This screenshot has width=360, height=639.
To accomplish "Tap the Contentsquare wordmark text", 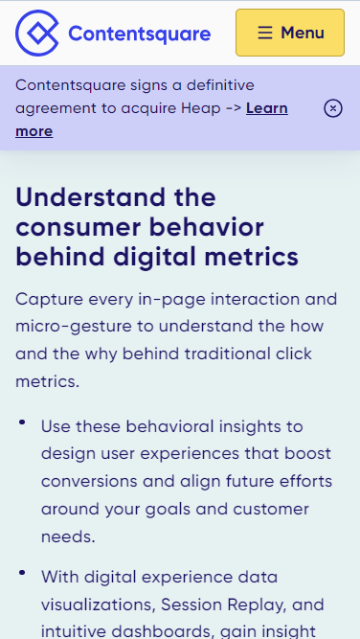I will [140, 34].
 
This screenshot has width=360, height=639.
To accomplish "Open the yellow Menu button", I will [289, 33].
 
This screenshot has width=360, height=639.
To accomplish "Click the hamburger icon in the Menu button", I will [263, 33].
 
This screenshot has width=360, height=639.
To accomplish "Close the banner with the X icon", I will [333, 108].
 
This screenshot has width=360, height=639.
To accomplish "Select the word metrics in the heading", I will [252, 257].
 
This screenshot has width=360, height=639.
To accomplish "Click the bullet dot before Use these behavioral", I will [21, 421].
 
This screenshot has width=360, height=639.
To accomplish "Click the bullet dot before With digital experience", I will [21, 572].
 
